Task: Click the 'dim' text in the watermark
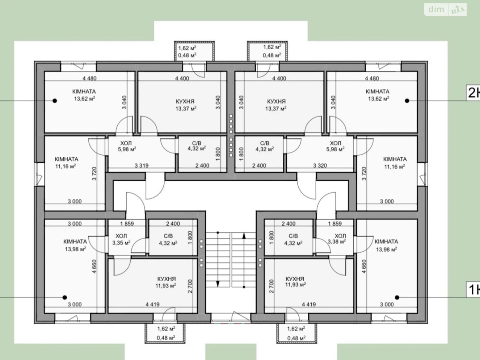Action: pyautogui.click(x=436, y=9)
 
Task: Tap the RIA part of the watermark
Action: pyautogui.click(x=457, y=10)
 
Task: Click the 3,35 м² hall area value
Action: pyautogui.click(x=121, y=243)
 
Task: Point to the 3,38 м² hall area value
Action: pyautogui.click(x=336, y=241)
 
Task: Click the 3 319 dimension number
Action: pyautogui.click(x=141, y=165)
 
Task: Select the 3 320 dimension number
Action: pyautogui.click(x=320, y=165)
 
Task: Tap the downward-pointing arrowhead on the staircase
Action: pyautogui.click(x=218, y=284)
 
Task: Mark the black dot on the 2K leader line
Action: pyautogui.click(x=407, y=101)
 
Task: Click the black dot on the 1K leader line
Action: pyautogui.click(x=397, y=297)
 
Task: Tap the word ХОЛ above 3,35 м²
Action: pyautogui.click(x=121, y=236)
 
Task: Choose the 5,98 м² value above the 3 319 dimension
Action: pyautogui.click(x=127, y=150)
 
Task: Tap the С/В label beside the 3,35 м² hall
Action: pyautogui.click(x=168, y=236)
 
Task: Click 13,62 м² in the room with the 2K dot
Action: pyautogui.click(x=378, y=99)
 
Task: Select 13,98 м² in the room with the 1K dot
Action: pyautogui.click(x=386, y=249)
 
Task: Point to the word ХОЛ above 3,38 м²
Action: pyautogui.click(x=340, y=236)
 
